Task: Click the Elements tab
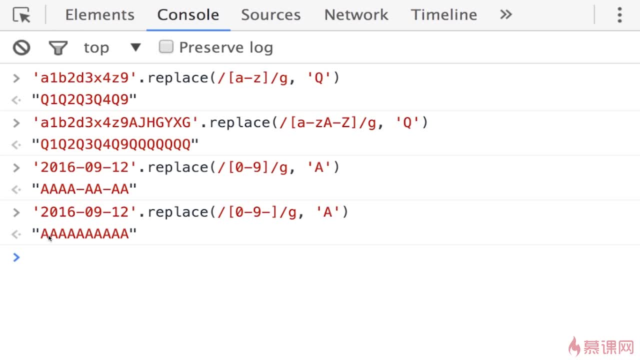(99, 15)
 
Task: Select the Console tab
(188, 15)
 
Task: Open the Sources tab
(270, 15)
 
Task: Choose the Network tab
(356, 15)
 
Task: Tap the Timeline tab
(443, 15)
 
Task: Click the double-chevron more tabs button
(506, 14)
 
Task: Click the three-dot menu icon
(619, 15)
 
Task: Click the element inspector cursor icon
(21, 15)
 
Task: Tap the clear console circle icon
(21, 47)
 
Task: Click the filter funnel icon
(58, 48)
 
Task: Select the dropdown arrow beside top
(135, 47)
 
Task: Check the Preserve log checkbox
(166, 47)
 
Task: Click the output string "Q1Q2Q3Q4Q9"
(84, 100)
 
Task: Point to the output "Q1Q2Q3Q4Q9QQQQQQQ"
(115, 145)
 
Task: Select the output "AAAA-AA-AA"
(84, 189)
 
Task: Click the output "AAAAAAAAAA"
(84, 234)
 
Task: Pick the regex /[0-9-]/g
(257, 212)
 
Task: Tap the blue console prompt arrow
(16, 257)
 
